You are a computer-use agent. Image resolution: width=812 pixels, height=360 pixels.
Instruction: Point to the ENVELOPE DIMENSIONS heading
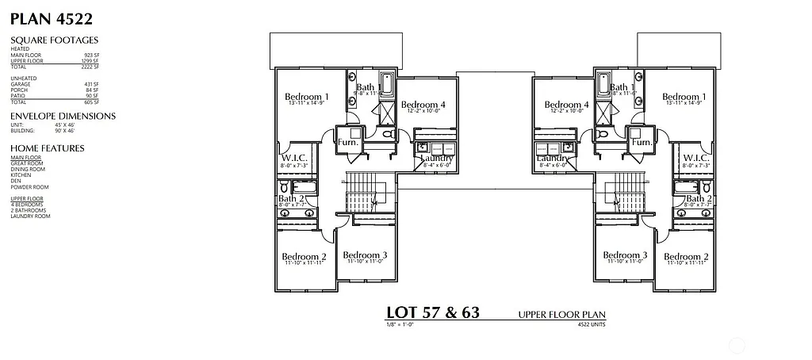click(63, 116)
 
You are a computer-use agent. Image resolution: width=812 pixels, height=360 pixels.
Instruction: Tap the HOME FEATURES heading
click(47, 148)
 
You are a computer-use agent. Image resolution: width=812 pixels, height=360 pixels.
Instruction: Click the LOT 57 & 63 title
click(432, 312)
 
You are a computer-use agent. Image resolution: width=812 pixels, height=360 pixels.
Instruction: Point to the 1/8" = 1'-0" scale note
click(400, 324)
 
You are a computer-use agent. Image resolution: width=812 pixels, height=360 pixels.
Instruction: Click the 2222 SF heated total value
click(90, 66)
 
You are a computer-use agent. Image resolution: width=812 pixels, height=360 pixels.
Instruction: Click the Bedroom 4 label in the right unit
click(566, 105)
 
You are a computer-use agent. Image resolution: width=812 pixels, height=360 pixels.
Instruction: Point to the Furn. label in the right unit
click(641, 143)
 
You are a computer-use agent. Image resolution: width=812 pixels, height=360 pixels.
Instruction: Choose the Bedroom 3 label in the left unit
click(364, 255)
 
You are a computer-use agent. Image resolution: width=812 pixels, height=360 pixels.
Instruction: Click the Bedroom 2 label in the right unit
click(685, 257)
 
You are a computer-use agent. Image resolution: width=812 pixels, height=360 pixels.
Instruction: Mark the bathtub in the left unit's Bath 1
click(389, 84)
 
